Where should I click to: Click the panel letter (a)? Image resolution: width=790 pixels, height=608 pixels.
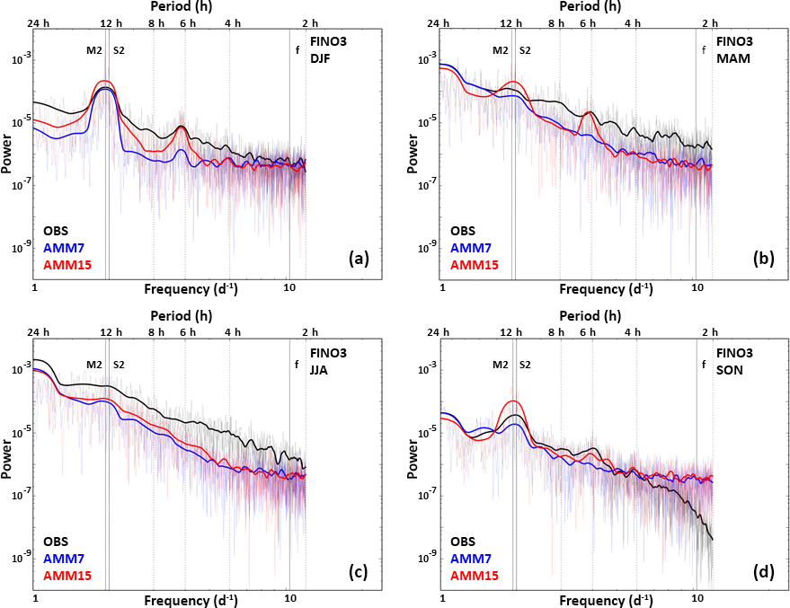pyautogui.click(x=359, y=260)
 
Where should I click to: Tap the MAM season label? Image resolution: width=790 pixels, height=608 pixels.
pyautogui.click(x=729, y=59)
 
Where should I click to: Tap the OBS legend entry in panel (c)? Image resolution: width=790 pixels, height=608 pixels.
pyautogui.click(x=57, y=542)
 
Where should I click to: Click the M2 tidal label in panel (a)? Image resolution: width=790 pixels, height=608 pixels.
pyautogui.click(x=94, y=49)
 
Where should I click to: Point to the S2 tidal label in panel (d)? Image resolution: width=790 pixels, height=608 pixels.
pyautogui.click(x=525, y=365)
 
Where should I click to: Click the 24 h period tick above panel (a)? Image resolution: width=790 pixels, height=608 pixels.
pyautogui.click(x=37, y=22)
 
